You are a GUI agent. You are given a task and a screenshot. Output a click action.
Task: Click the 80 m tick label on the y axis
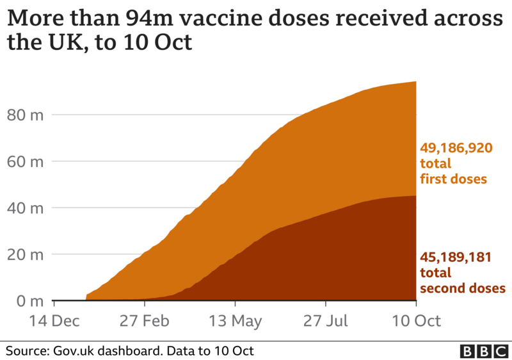click(x=25, y=115)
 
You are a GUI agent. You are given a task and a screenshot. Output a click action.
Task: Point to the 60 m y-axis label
click(x=25, y=161)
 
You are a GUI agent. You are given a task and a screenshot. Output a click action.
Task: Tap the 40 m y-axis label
click(x=25, y=208)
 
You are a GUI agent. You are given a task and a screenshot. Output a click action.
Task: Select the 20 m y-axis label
click(x=25, y=254)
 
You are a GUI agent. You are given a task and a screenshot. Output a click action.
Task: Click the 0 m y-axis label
click(x=29, y=300)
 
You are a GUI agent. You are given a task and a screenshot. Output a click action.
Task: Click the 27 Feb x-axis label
click(x=144, y=321)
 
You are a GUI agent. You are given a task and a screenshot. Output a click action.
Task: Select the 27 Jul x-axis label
click(x=328, y=321)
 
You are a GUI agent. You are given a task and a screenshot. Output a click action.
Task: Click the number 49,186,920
click(x=456, y=148)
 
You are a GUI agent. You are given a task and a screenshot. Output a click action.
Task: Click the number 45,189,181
click(x=456, y=258)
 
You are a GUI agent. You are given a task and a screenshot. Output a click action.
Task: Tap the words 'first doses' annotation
click(x=454, y=179)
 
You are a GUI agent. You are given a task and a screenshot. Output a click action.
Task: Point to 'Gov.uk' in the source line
click(x=72, y=351)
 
